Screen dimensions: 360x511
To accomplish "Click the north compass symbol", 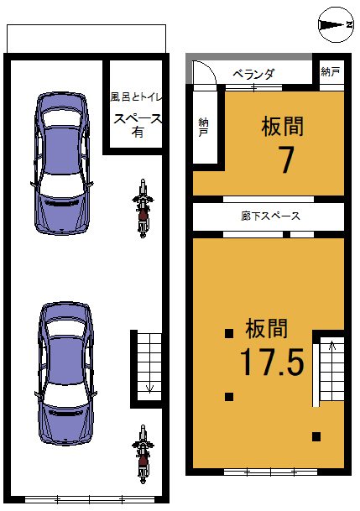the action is click(336, 25).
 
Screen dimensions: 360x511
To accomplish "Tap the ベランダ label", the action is click(253, 75).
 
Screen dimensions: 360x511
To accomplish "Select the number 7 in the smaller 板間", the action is click(285, 159).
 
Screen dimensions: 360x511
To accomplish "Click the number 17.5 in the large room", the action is click(272, 362).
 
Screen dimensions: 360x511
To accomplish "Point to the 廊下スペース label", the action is click(270, 216).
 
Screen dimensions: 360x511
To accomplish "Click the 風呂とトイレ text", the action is click(136, 97).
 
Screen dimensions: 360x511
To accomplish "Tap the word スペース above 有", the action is click(138, 118).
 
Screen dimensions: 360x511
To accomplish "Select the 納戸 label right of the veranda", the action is click(331, 71).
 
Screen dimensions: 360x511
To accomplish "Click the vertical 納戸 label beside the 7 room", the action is click(204, 127).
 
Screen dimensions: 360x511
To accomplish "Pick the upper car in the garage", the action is click(62, 164).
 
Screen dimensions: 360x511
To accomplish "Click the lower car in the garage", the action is click(65, 373).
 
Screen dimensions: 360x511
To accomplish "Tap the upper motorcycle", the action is click(143, 208).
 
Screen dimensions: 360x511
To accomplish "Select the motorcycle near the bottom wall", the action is click(143, 454).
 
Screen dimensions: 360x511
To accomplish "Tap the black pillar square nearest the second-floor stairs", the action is click(316, 436).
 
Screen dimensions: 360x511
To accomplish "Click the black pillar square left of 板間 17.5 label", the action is click(229, 333).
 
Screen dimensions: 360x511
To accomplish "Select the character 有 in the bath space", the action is click(138, 132).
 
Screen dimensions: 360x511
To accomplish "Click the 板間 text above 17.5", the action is click(267, 328).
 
